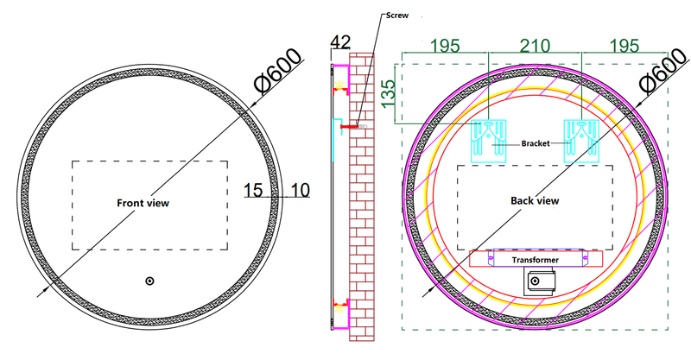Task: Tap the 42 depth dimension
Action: coord(341,42)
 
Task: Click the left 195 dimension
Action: coord(445,43)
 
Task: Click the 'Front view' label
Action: coord(143,203)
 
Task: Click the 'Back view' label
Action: coord(535,200)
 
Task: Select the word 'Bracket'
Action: coord(535,144)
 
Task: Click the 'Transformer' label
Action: coord(535,259)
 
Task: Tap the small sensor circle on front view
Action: coord(149,281)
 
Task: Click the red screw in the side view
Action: coord(350,127)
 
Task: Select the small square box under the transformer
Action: coord(540,281)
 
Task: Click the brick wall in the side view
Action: coord(362,216)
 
